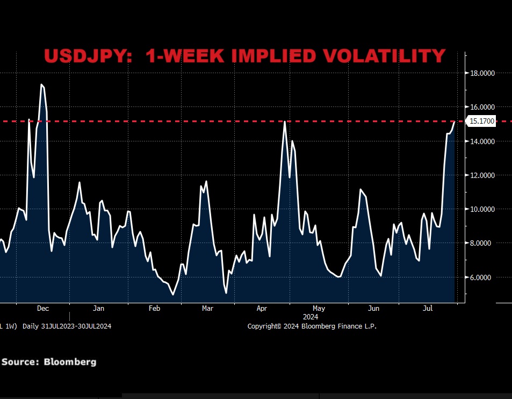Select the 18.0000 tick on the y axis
pos(483,73)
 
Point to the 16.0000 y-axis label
pos(483,107)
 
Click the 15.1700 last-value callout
pos(482,122)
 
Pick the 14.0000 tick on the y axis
pos(483,141)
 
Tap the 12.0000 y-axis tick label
pos(483,175)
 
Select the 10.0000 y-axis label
pos(483,209)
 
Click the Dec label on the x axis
pos(43,309)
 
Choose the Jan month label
pos(98,309)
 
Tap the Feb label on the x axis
pos(154,309)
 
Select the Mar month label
pos(207,309)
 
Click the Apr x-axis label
pos(262,309)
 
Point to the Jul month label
pos(428,309)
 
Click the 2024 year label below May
pos(311,317)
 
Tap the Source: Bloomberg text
pos(49,362)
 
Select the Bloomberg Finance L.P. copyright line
pos(312,326)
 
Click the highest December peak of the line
pos(41,84)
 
